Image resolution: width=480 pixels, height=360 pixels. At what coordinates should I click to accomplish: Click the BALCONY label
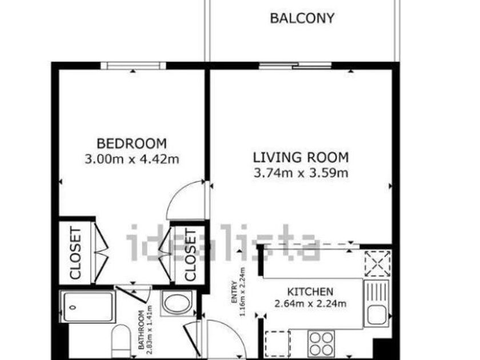coord(302,18)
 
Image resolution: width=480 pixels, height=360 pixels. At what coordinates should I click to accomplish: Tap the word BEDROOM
coord(131,143)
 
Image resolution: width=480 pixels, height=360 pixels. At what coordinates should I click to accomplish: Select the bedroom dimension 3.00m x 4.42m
coord(131,159)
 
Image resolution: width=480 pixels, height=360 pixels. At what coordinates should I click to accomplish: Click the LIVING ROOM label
coord(301,157)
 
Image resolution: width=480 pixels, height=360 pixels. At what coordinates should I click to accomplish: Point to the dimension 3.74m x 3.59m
coord(301,173)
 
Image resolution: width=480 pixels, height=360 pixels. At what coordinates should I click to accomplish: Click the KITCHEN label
coord(310,291)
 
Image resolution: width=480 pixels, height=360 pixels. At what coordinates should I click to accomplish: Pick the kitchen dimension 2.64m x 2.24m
coord(310,303)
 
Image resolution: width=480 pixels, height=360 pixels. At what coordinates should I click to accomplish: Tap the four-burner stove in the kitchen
coord(321,343)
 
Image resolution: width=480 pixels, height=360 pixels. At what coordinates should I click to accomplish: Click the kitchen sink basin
coord(376,315)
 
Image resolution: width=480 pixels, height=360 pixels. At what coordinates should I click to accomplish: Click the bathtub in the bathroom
coord(87,307)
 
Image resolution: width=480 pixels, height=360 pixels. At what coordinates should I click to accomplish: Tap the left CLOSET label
coord(75,253)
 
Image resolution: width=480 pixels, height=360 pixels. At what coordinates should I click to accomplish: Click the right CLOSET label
coord(190,255)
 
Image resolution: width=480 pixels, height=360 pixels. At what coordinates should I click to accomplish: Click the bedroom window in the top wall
coord(133,66)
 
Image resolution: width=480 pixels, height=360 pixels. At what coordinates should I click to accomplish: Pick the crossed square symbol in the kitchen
coord(378,263)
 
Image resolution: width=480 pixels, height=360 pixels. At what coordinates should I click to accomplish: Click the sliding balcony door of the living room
coord(295,66)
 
